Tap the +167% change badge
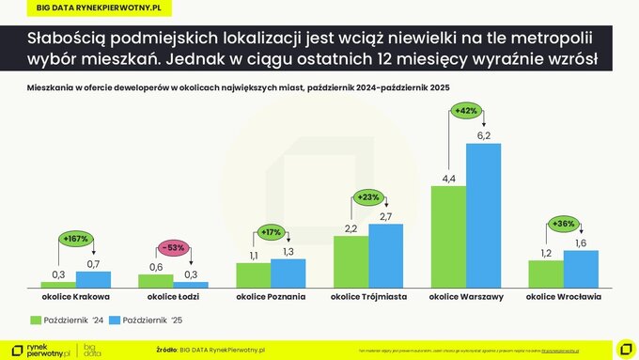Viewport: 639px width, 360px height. pyautogui.click(x=75, y=239)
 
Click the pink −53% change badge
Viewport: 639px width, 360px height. pyautogui.click(x=174, y=247)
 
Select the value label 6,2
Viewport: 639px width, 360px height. pyautogui.click(x=485, y=136)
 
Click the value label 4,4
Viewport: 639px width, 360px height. pyautogui.click(x=448, y=179)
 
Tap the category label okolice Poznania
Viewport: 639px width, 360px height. pyautogui.click(x=271, y=296)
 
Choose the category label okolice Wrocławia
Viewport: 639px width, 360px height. pyautogui.click(x=563, y=296)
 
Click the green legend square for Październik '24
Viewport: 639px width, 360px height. pyautogui.click(x=36, y=321)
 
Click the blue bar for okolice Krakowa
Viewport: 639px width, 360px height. pyautogui.click(x=93, y=279)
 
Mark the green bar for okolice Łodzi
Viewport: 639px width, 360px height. pyautogui.click(x=155, y=280)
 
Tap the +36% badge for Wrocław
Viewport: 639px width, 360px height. pyautogui.click(x=563, y=224)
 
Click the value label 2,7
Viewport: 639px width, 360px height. pyautogui.click(x=386, y=217)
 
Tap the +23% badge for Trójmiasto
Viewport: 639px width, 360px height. pyautogui.click(x=368, y=197)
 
